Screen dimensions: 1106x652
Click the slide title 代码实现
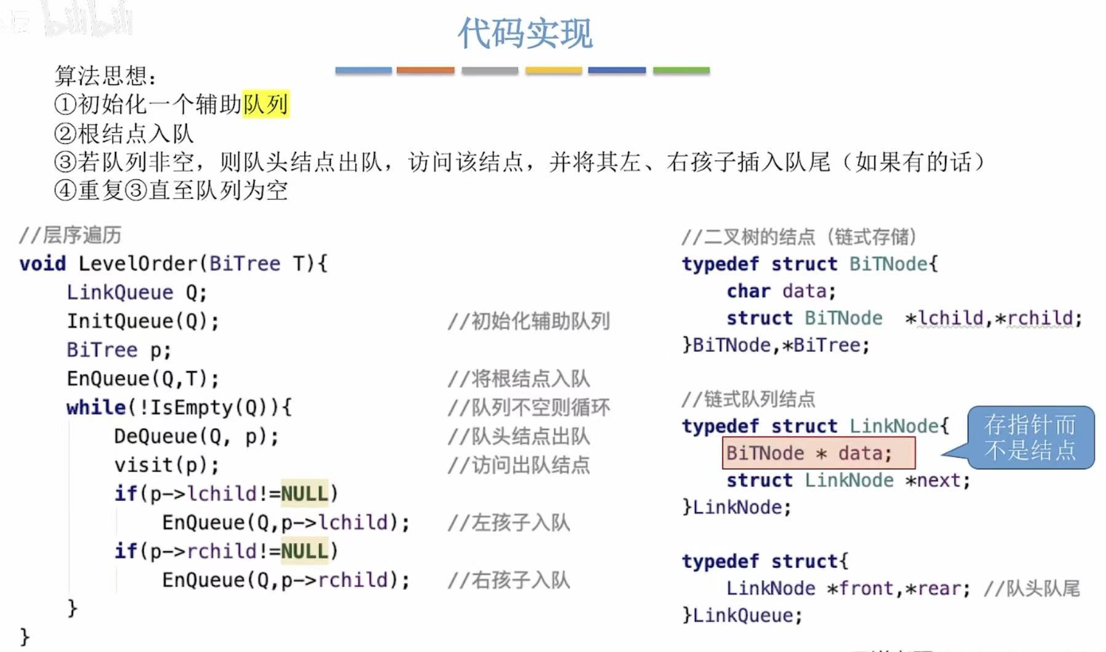click(525, 33)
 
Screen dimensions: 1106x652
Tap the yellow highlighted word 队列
click(265, 104)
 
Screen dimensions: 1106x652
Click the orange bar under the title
click(425, 71)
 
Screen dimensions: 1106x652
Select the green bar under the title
click(681, 71)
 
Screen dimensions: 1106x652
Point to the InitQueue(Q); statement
click(143, 321)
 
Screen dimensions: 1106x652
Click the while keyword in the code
click(96, 407)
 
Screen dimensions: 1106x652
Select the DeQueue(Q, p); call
click(196, 436)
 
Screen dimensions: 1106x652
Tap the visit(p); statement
click(166, 465)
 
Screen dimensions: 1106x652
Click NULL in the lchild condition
click(304, 493)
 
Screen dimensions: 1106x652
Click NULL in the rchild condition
click(304, 551)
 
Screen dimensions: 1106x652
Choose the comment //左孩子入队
click(509, 523)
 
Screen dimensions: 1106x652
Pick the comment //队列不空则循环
click(528, 407)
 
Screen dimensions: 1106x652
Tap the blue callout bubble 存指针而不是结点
click(1030, 438)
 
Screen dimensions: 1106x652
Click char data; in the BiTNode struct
click(781, 291)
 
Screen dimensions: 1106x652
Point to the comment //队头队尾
click(1032, 589)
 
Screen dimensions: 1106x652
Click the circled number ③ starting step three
click(65, 162)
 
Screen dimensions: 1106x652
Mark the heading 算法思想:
click(105, 76)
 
